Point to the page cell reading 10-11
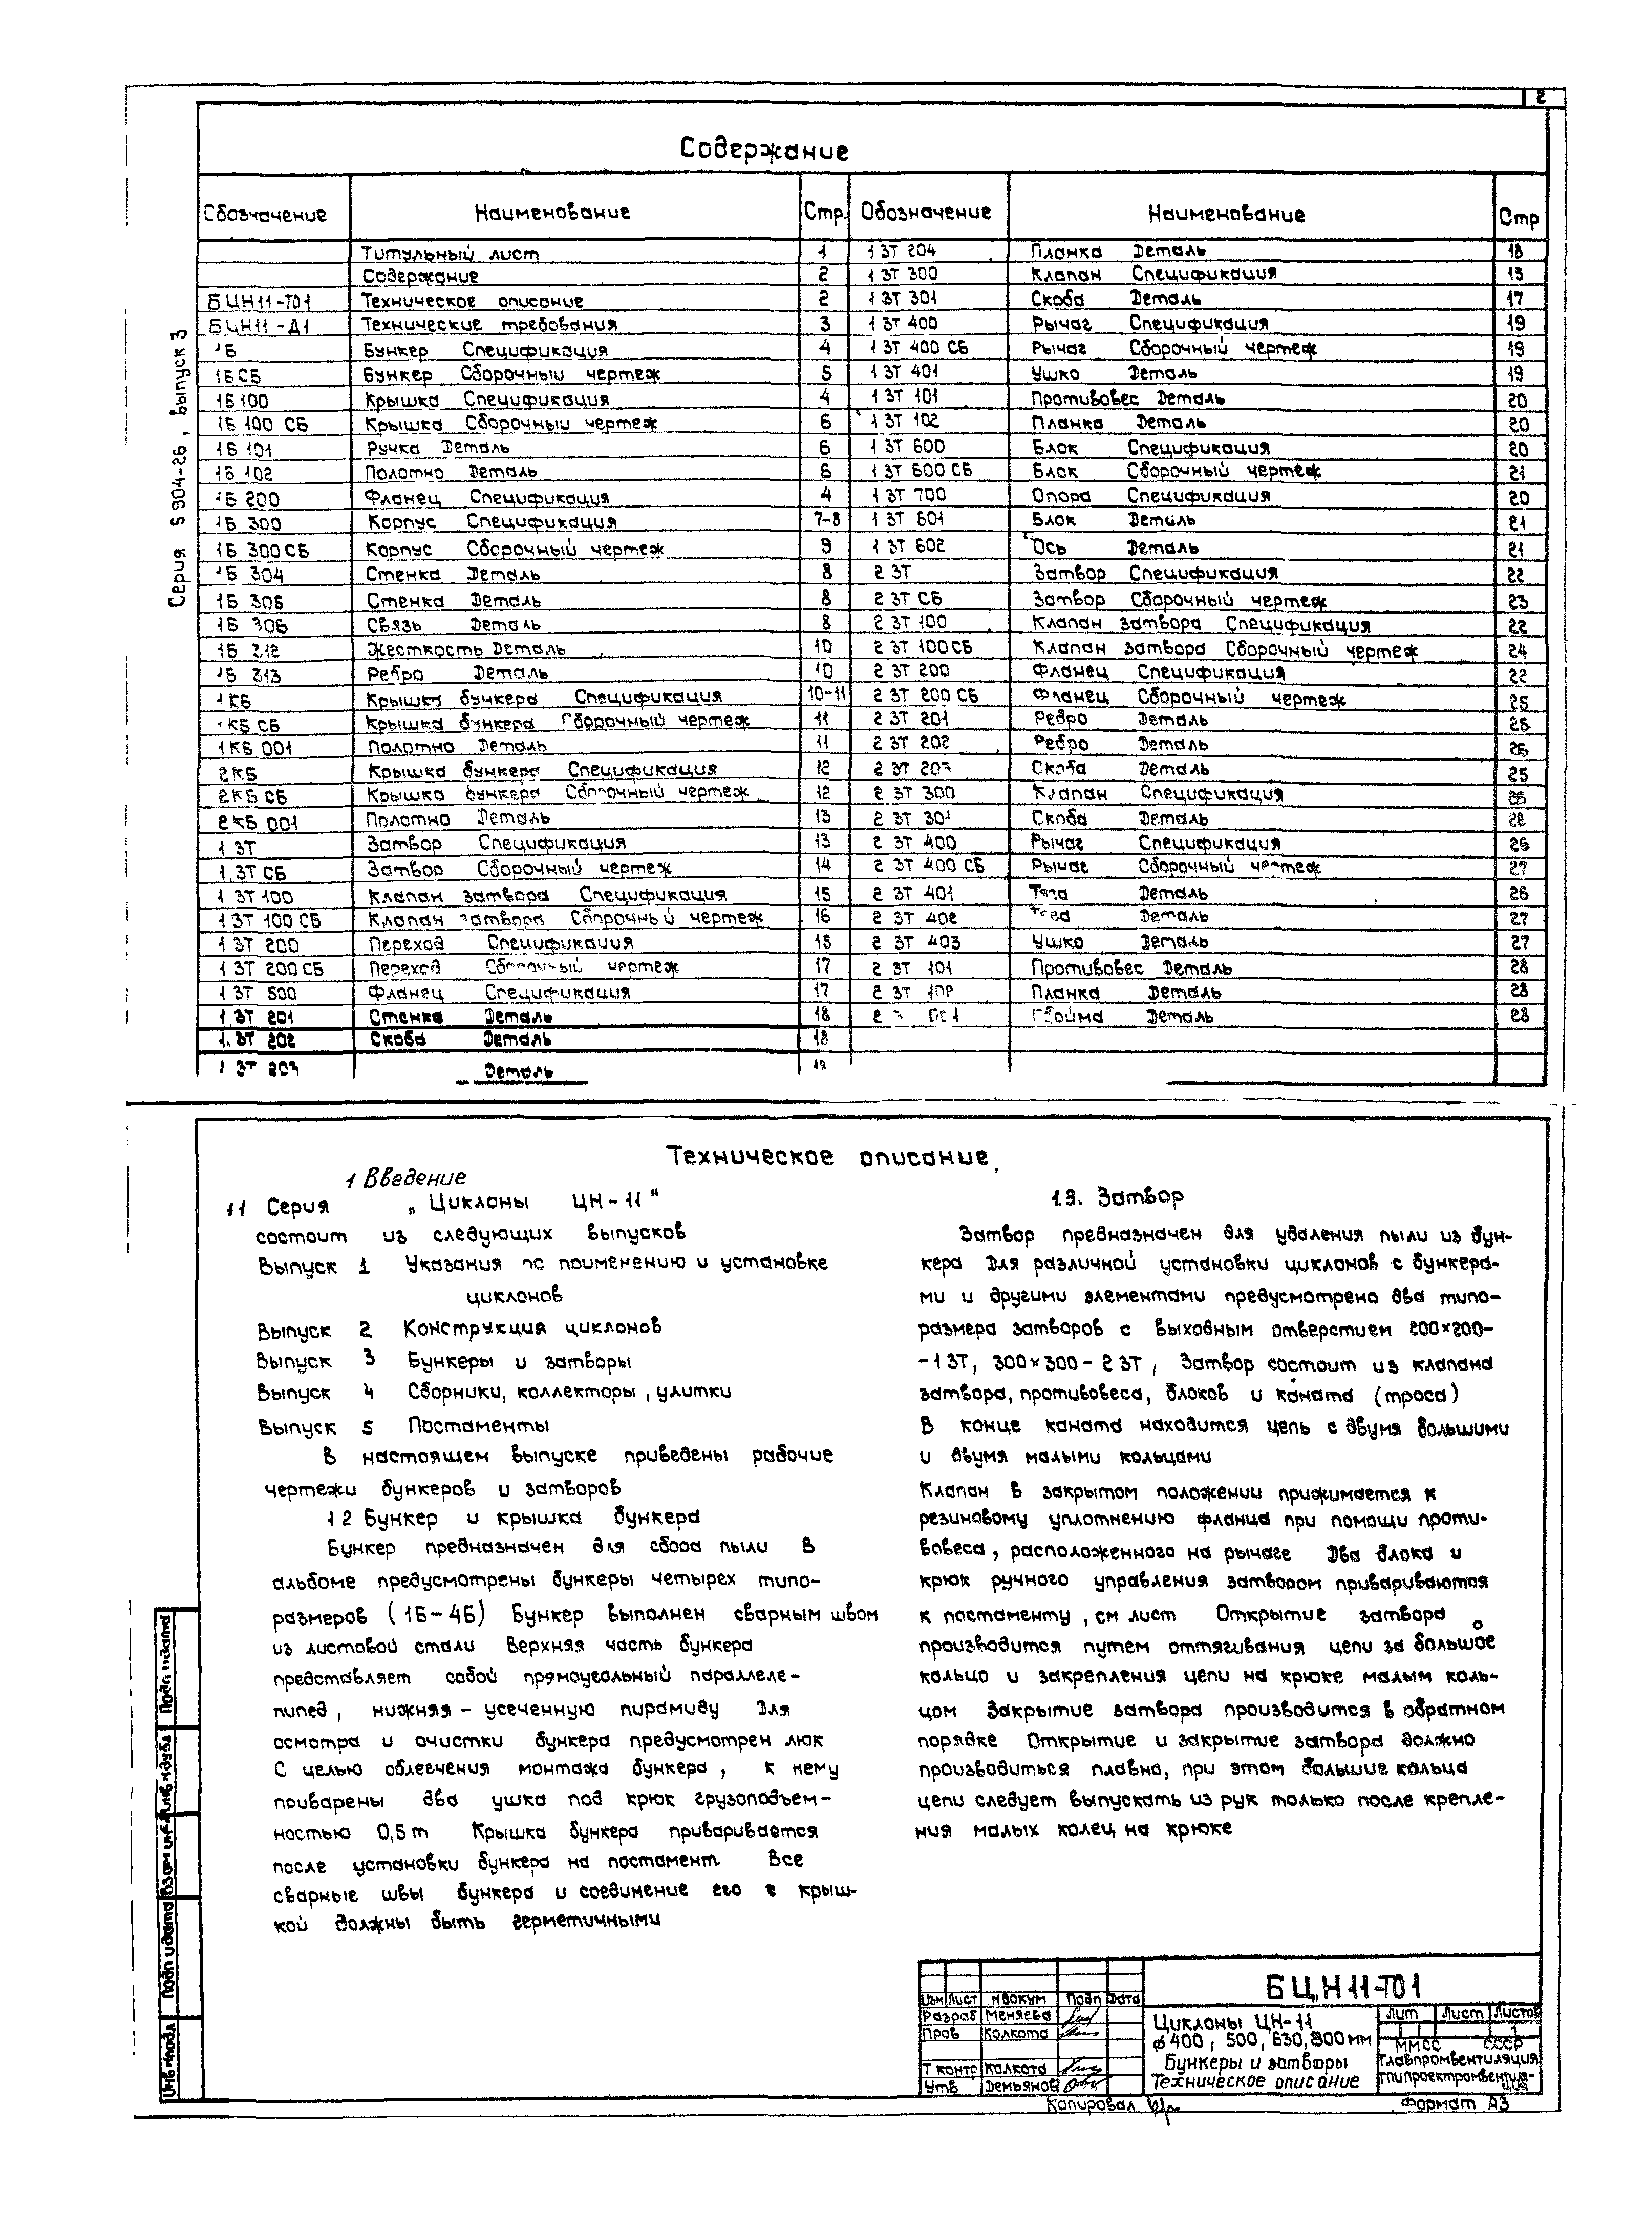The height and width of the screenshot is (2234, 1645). point(825,695)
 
